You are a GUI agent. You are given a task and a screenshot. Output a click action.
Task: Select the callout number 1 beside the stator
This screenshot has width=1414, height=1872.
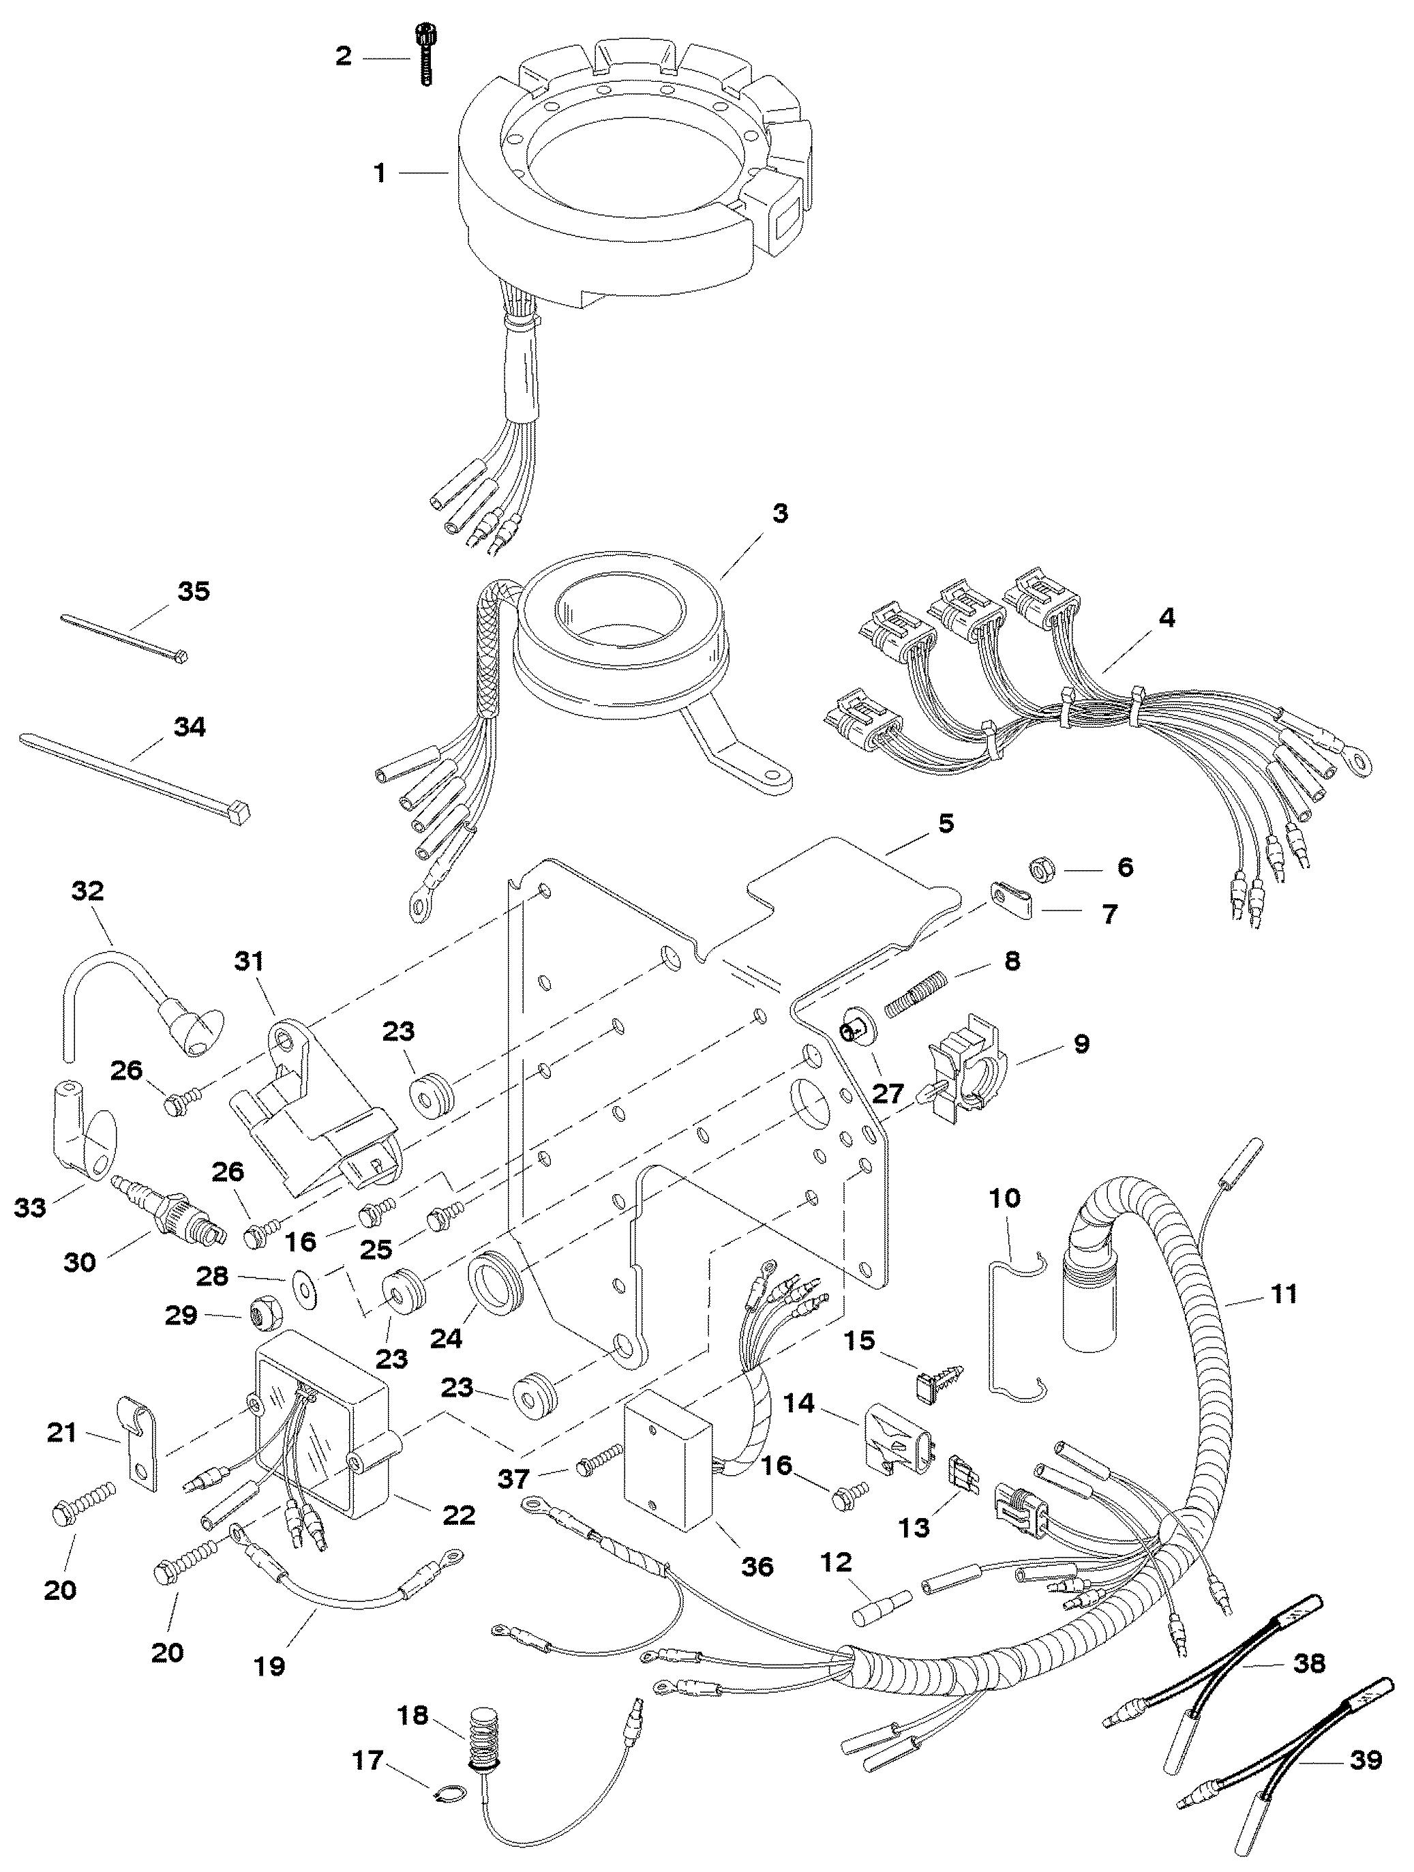[x=380, y=173]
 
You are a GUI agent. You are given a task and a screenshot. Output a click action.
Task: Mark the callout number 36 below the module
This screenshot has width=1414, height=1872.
[x=757, y=1566]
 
